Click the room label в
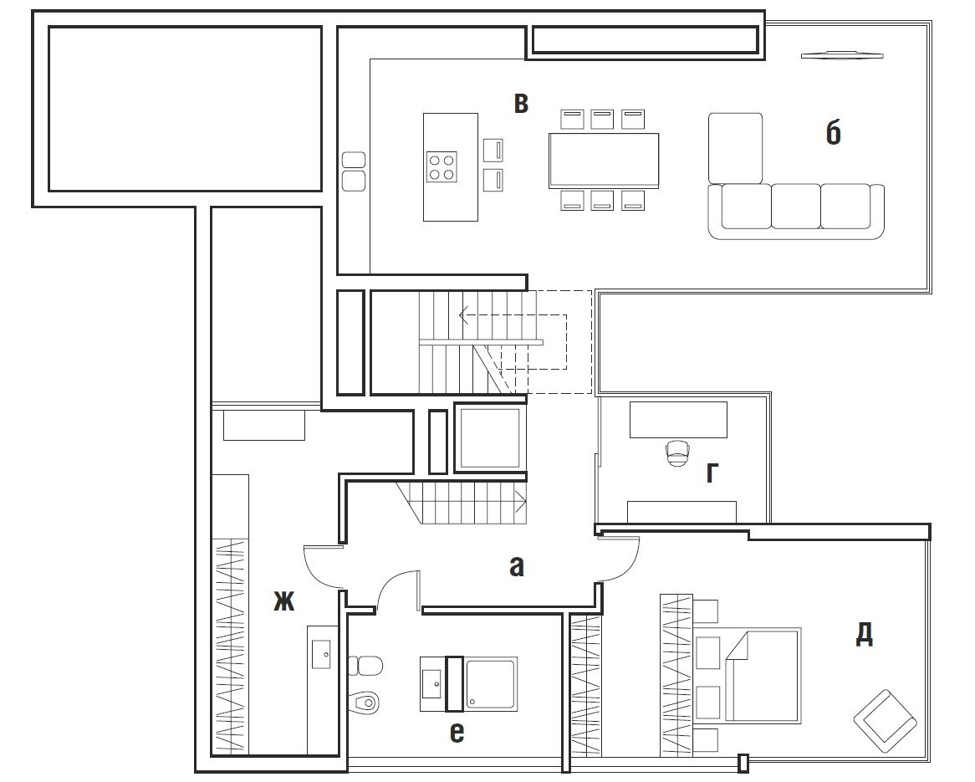pyautogui.click(x=521, y=103)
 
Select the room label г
pyautogui.click(x=712, y=473)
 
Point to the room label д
pyautogui.click(x=865, y=634)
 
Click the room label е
pyautogui.click(x=457, y=733)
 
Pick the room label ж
pyautogui.click(x=284, y=601)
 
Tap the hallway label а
pyautogui.click(x=517, y=567)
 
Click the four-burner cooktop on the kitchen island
pyautogui.click(x=442, y=166)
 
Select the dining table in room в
pyautogui.click(x=604, y=161)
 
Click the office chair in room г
pyautogui.click(x=677, y=453)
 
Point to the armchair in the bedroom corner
pyautogui.click(x=886, y=721)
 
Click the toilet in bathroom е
pyautogui.click(x=365, y=666)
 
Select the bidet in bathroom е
pyautogui.click(x=365, y=703)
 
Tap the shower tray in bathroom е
pyautogui.click(x=491, y=683)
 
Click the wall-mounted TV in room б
pyautogui.click(x=842, y=55)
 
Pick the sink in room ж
pyautogui.click(x=321, y=654)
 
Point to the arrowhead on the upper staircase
pyautogui.click(x=463, y=314)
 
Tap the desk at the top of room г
pyautogui.click(x=678, y=420)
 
